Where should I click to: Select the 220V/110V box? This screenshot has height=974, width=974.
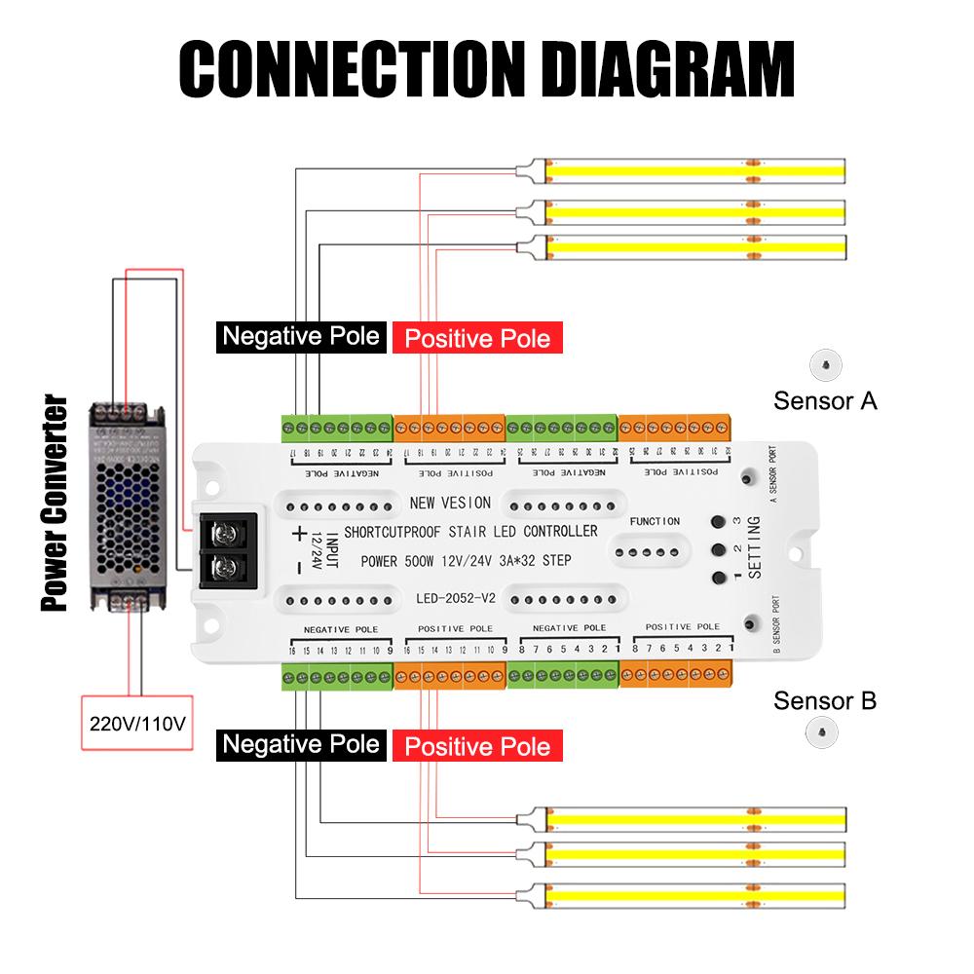coord(136,724)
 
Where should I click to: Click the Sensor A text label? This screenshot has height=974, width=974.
coord(825,400)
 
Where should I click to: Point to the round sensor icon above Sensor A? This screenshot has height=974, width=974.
coord(825,364)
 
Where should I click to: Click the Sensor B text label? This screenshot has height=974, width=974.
coord(825,700)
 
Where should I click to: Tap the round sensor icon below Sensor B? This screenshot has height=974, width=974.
coord(825,731)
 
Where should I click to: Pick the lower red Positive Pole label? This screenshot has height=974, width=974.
coord(477,747)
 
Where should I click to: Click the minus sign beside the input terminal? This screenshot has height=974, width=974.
coord(297,568)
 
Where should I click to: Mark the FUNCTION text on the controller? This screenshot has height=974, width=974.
coord(655,522)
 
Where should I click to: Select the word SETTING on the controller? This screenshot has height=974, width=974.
coord(753,545)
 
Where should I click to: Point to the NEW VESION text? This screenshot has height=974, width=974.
coord(450,504)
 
